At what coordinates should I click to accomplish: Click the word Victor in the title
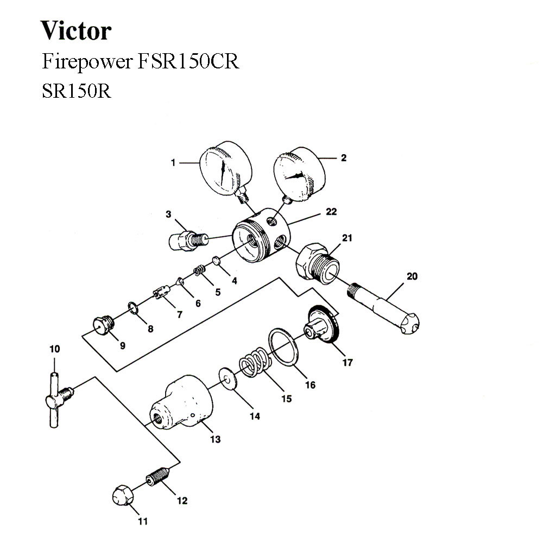[76, 31]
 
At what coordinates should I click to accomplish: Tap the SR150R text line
[77, 90]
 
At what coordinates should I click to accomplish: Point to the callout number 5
[218, 292]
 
